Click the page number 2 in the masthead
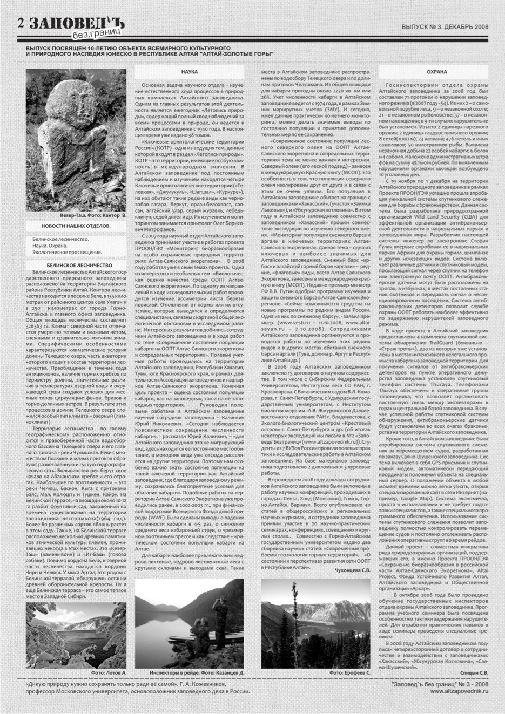(21, 23)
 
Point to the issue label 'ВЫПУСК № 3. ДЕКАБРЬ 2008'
(445, 26)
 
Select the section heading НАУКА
(189, 72)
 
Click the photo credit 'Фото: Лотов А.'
(109, 674)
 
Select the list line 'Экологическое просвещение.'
(68, 252)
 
